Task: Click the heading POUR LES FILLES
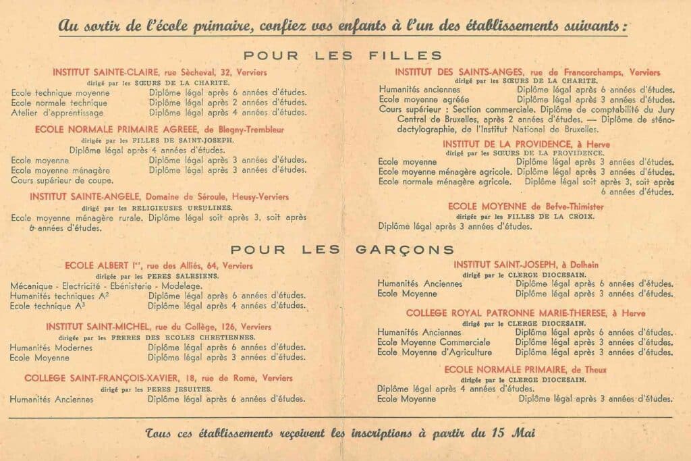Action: click(x=343, y=55)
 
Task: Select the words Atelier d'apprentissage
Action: click(x=57, y=113)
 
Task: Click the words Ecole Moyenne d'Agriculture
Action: click(x=435, y=352)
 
